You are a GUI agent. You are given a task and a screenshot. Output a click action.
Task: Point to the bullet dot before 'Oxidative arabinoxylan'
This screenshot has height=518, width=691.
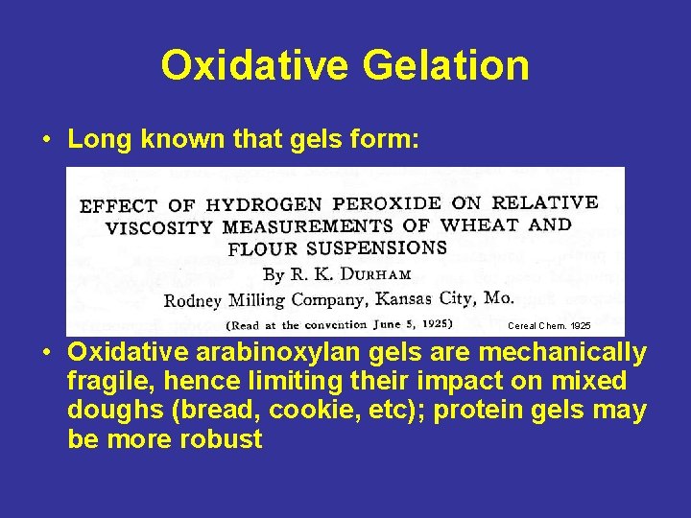click(46, 354)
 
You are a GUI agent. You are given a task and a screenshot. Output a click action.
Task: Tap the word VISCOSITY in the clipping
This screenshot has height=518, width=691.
click(159, 228)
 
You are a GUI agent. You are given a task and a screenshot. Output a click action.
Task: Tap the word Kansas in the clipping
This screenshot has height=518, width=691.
click(404, 298)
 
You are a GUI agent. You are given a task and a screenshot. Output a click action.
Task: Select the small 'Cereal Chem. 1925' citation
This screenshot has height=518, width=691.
click(543, 325)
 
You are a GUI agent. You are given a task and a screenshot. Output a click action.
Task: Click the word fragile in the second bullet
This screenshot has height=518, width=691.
click(105, 382)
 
